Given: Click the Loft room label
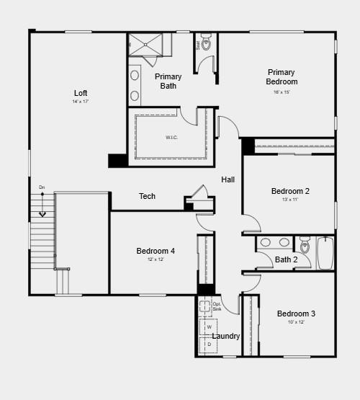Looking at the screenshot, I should click(81, 93).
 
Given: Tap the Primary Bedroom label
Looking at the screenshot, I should click(281, 76).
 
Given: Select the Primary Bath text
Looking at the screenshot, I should click(168, 81).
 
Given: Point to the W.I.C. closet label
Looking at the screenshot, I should click(171, 137).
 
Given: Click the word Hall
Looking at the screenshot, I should click(228, 179).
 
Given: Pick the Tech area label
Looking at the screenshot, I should click(147, 196).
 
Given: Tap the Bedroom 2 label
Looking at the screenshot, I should click(290, 191).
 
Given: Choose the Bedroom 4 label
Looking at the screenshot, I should click(156, 251).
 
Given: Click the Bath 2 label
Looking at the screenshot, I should click(287, 259).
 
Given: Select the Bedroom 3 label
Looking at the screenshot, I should click(296, 314).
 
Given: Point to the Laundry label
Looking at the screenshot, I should click(226, 336).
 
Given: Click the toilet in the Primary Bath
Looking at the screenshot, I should click(206, 43).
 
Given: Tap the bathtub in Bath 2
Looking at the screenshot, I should click(325, 252).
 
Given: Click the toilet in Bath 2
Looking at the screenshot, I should click(305, 246).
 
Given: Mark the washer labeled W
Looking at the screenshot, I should click(209, 326).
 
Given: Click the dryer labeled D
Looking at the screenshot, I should click(209, 345).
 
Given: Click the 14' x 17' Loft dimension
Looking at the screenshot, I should click(81, 102).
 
